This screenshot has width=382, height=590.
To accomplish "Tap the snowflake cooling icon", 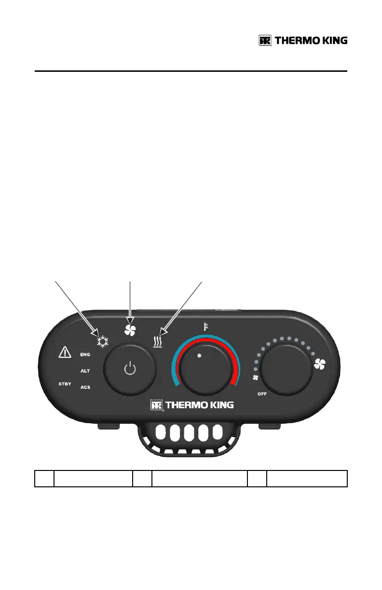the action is tap(102, 342).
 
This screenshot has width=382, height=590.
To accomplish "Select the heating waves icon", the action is tap(157, 342).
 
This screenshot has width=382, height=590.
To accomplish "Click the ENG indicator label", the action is tap(85, 354).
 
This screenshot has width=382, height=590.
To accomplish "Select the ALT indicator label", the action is tap(85, 371).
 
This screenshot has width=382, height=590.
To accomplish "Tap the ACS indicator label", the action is tap(85, 387).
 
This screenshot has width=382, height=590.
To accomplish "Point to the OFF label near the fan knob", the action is tap(262, 394).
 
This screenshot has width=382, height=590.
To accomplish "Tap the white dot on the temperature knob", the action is tap(199, 355).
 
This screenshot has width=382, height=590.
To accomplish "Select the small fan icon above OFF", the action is tap(256, 377).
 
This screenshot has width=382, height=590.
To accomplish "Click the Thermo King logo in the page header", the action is tap(303, 41).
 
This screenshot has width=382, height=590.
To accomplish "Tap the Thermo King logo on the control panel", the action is tap(192, 405).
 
